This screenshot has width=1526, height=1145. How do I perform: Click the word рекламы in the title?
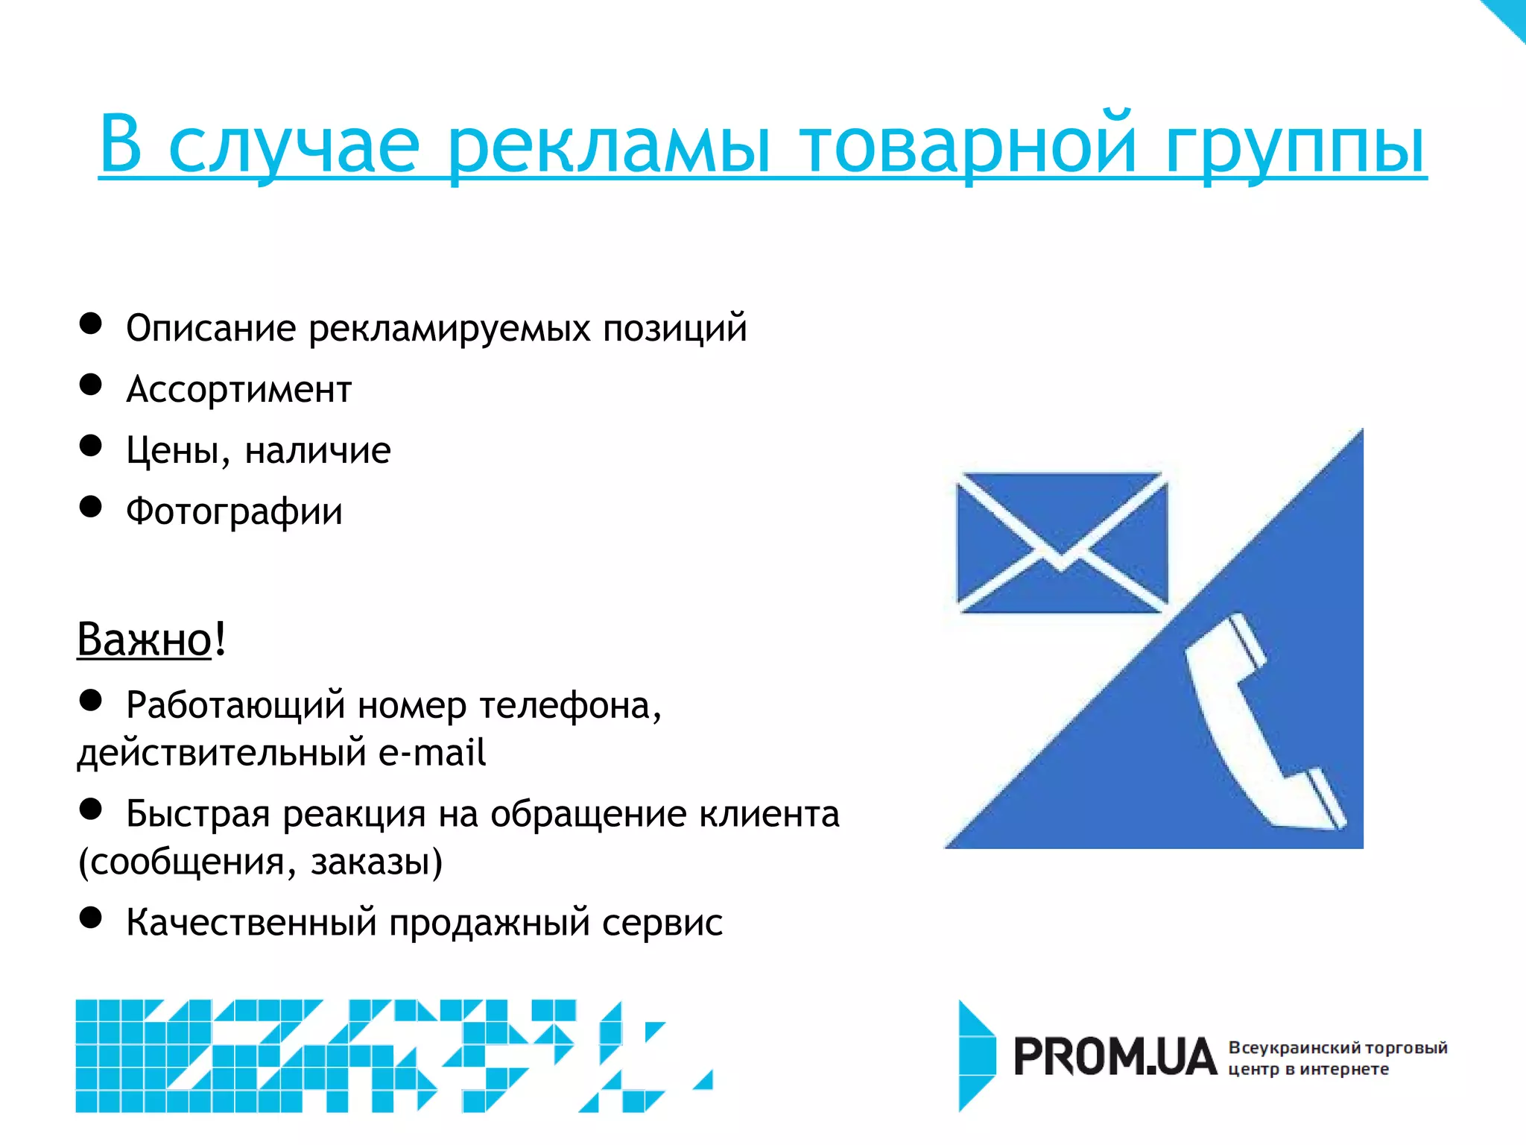tap(608, 146)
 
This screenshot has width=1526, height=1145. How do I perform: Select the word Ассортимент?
tap(238, 390)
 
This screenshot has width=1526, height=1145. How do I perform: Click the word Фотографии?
tap(234, 512)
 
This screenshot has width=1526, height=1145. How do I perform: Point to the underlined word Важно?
tap(145, 640)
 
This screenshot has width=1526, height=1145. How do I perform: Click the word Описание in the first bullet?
tap(211, 329)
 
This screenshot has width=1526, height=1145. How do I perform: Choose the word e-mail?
tap(432, 753)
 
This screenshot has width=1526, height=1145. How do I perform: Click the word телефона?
tap(570, 706)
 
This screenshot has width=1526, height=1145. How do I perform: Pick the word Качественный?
tap(251, 923)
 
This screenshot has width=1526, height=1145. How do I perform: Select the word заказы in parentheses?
tap(376, 862)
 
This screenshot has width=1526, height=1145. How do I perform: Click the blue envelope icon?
tap(1062, 543)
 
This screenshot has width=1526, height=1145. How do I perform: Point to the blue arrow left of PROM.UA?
tap(976, 1056)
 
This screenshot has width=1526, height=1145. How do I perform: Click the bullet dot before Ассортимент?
tap(91, 385)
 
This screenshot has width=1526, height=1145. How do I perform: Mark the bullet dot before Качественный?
tap(91, 918)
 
